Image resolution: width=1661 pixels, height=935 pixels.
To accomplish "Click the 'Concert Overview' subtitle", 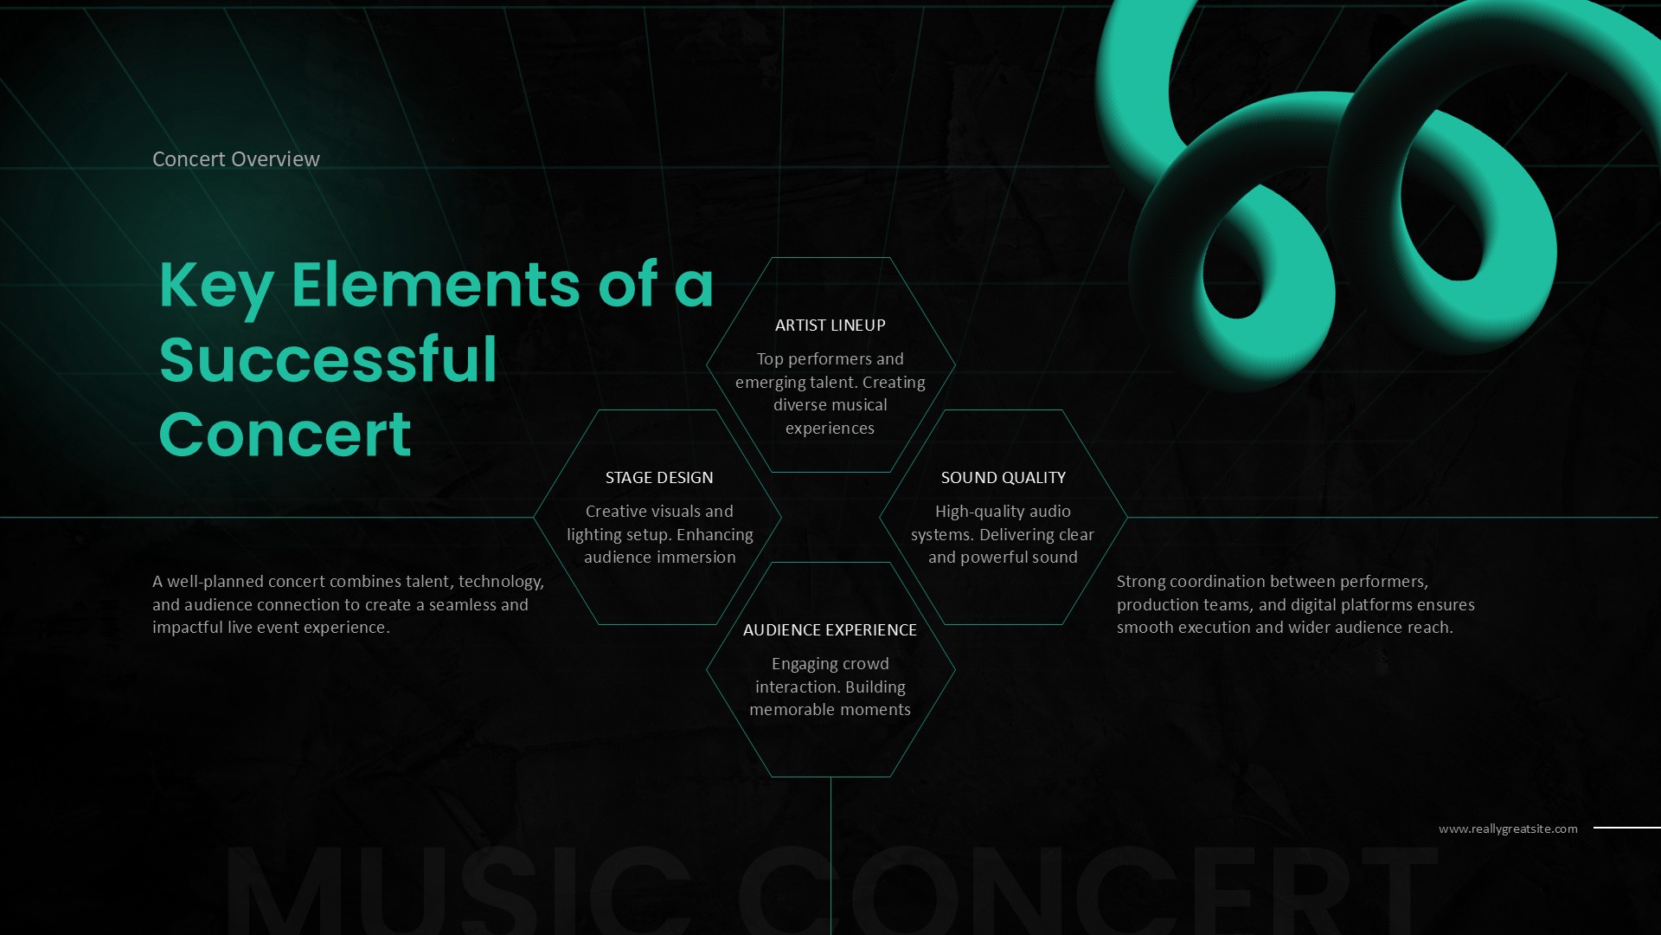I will point(235,159).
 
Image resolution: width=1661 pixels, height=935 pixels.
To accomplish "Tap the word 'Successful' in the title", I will point(328,359).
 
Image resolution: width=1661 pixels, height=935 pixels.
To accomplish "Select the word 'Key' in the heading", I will point(215,286).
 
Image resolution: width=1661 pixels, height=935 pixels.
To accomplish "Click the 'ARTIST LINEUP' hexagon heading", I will point(830,326).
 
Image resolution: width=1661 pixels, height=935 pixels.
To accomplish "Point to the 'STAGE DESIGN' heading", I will point(659,478).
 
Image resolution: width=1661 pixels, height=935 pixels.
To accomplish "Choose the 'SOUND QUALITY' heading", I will point(1003,478).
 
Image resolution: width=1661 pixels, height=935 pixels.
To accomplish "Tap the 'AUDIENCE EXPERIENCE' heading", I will point(830,630).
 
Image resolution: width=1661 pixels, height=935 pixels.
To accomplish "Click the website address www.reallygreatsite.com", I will point(1508,829).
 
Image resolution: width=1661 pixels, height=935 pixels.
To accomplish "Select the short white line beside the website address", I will point(1626,828).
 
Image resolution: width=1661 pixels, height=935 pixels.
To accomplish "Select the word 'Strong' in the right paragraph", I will point(1140,582).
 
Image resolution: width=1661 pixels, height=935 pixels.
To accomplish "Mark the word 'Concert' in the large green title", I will point(285,435).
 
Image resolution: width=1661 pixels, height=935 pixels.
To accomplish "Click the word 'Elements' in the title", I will point(435,286).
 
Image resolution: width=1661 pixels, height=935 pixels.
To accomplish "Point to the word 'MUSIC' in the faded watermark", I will point(459,892).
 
